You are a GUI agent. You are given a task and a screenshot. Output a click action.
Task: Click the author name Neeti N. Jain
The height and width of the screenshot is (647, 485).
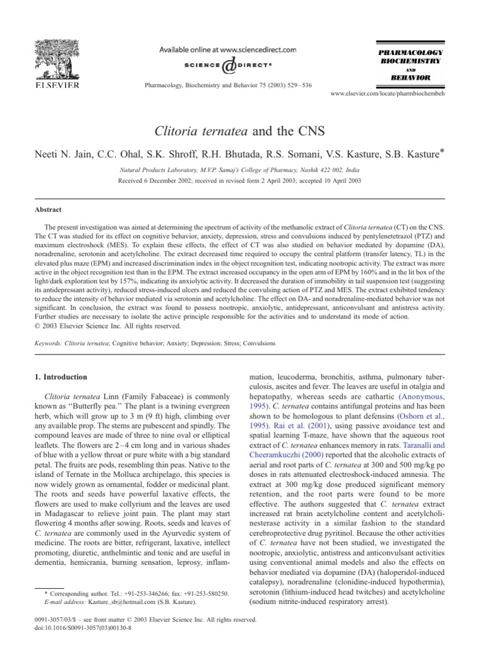(64, 155)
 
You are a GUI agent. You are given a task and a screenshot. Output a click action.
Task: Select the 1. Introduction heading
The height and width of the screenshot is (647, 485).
(61, 377)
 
